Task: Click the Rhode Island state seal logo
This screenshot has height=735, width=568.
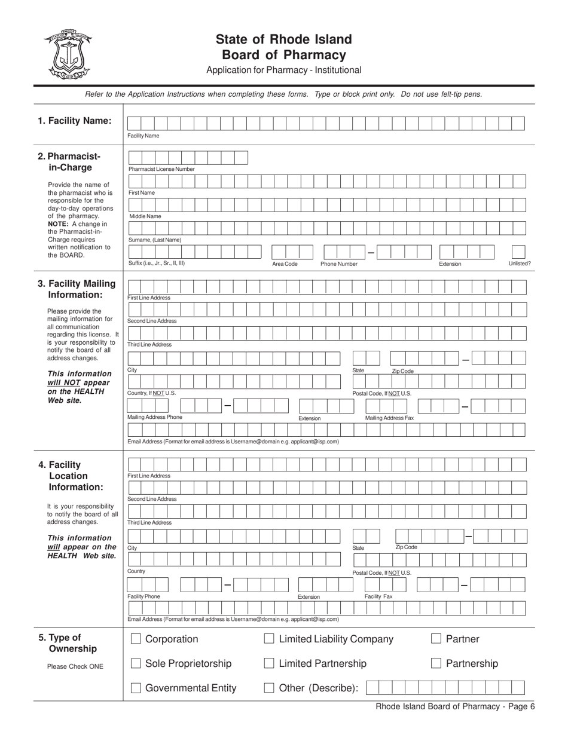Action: point(66,54)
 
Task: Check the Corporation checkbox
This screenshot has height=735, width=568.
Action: point(136,639)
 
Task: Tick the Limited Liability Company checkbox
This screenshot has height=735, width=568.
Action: point(269,639)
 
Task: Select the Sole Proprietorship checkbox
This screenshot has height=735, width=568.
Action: point(136,663)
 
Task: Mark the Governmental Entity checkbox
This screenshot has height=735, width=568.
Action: point(136,688)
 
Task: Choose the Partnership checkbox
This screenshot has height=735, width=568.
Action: point(436,663)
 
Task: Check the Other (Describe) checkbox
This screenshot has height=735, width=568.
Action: point(269,688)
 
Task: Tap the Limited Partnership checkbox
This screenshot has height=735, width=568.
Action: point(269,663)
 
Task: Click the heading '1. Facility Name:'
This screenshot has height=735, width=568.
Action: point(75,121)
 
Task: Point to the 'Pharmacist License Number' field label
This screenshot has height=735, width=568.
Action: point(161,169)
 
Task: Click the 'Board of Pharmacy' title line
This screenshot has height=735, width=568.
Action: point(283,55)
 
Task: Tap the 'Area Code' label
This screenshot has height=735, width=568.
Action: point(285,264)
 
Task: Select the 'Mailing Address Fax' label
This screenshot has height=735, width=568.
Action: point(389,418)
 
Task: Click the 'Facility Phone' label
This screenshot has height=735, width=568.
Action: point(144,596)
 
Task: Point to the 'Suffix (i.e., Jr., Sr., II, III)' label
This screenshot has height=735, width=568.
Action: point(157,263)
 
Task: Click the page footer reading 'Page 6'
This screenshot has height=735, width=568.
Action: point(455,706)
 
